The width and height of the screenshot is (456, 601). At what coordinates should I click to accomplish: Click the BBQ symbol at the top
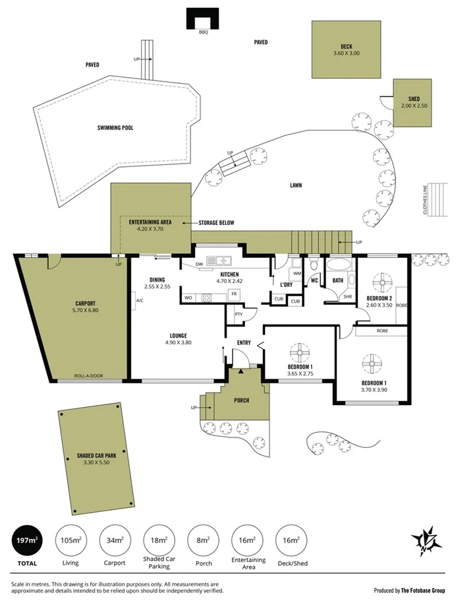pos(202,18)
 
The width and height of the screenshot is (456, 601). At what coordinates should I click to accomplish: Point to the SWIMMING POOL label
pos(115,127)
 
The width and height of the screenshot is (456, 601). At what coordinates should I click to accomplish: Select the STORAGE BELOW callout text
pos(216,223)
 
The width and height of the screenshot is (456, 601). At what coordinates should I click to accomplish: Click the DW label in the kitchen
pos(198,266)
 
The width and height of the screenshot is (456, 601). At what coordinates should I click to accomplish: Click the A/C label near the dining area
pos(140,301)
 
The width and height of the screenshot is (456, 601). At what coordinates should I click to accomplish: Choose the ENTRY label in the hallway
pos(244,342)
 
